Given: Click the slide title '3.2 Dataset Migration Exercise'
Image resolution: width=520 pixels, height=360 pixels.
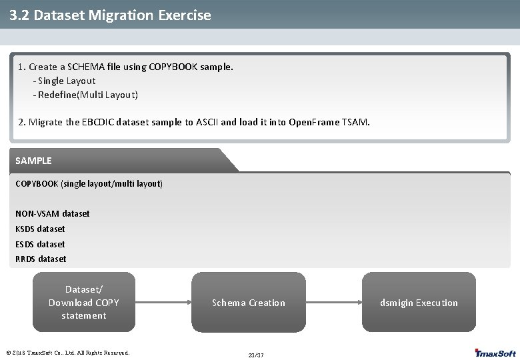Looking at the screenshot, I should pos(111,15).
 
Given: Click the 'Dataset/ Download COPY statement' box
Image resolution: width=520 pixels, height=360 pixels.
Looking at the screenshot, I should pos(84,302).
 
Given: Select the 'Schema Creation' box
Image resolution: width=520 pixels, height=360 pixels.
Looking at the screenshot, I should pos(248,303).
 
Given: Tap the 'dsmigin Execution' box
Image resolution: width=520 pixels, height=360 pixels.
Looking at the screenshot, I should pos(419,303).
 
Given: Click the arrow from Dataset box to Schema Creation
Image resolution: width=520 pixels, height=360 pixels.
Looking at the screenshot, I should pos(164,303).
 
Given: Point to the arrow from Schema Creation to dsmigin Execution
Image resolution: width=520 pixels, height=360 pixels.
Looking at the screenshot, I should pos(333,303).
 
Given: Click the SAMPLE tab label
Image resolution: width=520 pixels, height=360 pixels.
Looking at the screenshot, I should pos(33,161).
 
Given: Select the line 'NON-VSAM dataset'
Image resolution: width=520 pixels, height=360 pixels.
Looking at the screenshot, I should pos(53,213).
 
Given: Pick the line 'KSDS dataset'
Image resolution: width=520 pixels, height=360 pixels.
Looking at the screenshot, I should pos(41,229).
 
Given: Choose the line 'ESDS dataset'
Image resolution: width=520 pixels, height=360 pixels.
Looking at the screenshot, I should pos(41,244).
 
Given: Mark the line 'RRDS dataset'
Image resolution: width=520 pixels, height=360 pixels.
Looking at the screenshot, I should pos(41,259).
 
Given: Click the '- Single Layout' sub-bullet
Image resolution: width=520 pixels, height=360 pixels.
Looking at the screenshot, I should pos(64,81).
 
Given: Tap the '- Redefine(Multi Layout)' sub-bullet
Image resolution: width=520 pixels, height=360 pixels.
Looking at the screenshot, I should pos(85,95).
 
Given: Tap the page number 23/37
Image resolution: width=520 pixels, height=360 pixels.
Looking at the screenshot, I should pos(256,355).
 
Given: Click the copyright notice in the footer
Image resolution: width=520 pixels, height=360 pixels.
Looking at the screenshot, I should pos(67,353).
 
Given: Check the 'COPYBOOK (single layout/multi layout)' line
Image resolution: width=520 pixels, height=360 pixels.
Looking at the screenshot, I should pos(89,183).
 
